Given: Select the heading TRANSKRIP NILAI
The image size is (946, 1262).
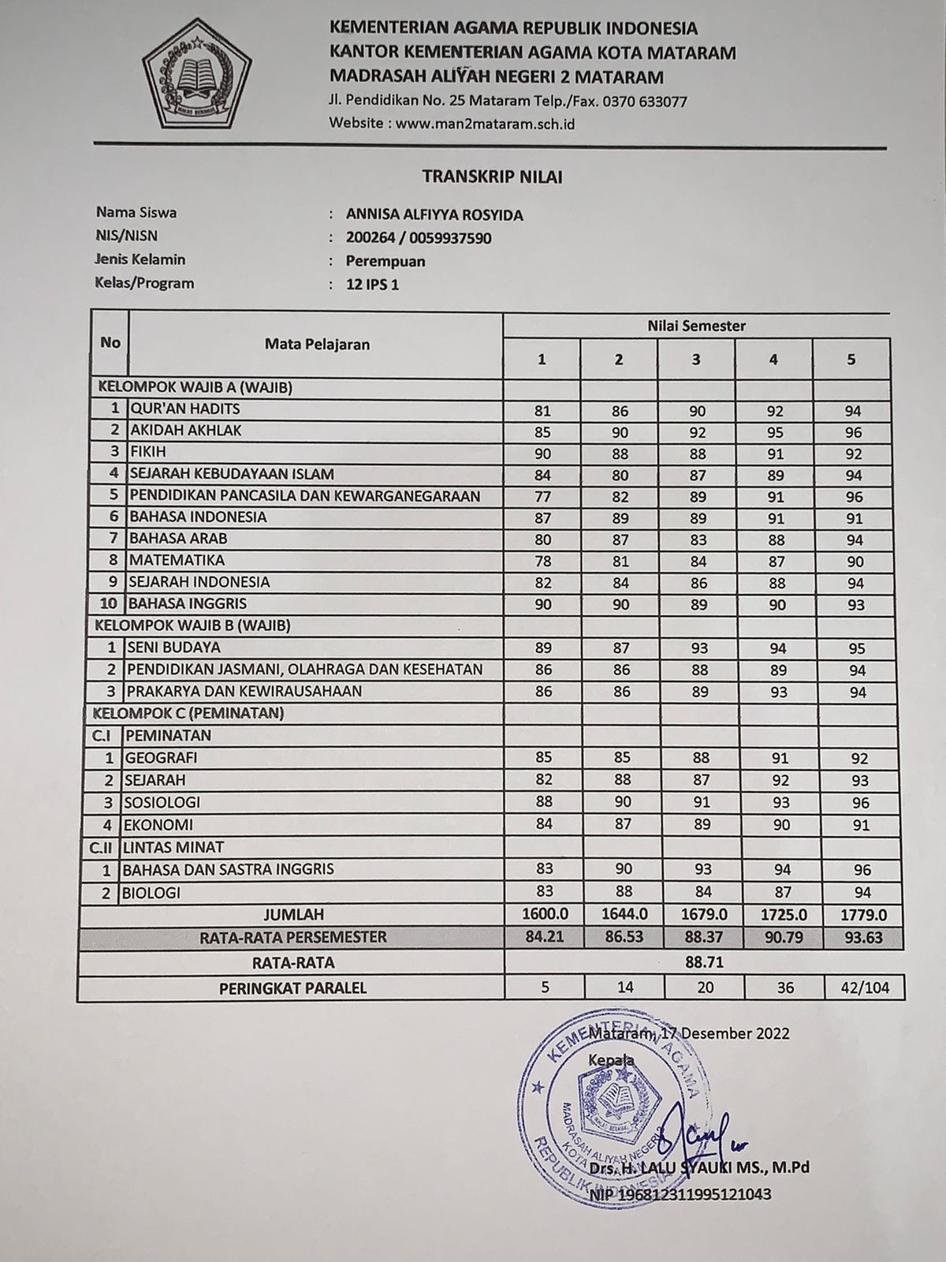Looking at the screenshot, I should [x=492, y=177].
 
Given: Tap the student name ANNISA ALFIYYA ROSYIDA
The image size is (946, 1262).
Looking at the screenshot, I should [x=434, y=215].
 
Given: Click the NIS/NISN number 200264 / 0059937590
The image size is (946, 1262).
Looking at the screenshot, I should [x=419, y=238].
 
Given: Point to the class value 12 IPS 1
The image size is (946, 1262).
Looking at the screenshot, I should [x=373, y=285].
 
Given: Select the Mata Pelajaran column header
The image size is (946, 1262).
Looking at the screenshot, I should [x=317, y=344].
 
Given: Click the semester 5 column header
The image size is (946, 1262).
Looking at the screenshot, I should [x=851, y=360].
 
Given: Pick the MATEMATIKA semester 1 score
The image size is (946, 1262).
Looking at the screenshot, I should [x=542, y=562].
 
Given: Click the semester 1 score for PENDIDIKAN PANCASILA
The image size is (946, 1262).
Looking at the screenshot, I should [x=542, y=497].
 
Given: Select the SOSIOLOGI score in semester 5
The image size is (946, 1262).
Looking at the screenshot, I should [x=861, y=803].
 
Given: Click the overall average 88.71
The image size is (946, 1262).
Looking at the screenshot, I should [x=705, y=963].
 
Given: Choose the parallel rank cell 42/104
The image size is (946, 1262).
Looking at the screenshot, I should [x=865, y=988].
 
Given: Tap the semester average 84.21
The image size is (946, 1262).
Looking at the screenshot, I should [x=542, y=939].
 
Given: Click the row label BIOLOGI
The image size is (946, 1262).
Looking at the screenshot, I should [x=151, y=894].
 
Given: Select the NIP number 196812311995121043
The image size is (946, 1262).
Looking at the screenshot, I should [x=680, y=1195].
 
